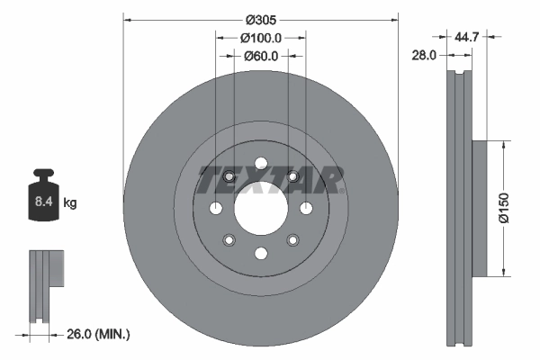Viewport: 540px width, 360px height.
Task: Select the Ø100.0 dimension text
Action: (x=262, y=38)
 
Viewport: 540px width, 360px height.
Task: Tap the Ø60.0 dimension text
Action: (x=262, y=56)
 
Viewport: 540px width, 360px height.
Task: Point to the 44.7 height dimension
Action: (x=466, y=38)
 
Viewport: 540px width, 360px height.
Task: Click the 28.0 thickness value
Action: (x=425, y=56)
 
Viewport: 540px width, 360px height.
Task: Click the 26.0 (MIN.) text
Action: (x=98, y=334)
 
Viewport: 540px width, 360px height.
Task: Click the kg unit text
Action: (x=70, y=203)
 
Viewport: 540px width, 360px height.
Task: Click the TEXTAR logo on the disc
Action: (x=271, y=181)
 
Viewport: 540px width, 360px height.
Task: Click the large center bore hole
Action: (x=260, y=208)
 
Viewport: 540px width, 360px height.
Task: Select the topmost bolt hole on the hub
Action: (x=260, y=164)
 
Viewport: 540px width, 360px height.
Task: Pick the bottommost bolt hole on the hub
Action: (x=260, y=253)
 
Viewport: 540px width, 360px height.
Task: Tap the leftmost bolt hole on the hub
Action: (x=216, y=208)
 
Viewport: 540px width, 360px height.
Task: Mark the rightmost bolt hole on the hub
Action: (x=305, y=208)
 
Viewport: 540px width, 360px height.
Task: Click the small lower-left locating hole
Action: (x=229, y=239)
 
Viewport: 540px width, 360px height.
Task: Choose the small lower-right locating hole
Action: (x=292, y=239)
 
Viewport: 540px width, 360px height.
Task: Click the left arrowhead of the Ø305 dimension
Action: (x=126, y=19)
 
